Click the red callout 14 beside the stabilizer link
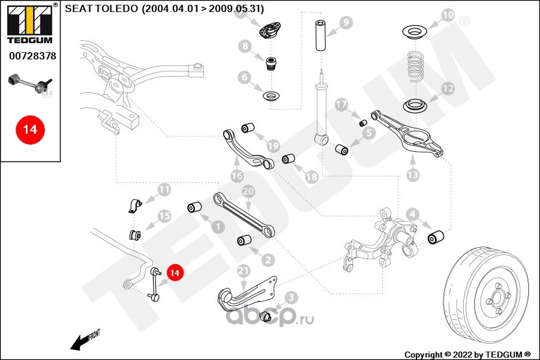pos(175,273)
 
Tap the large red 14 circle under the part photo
pos(30,129)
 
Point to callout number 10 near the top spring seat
pos(448,14)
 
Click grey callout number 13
pos(413,175)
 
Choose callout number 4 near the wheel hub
pos(412,214)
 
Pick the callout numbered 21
pos(243,271)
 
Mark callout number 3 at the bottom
pos(291,297)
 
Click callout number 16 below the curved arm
pos(236,176)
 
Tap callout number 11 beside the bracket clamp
pos(163,191)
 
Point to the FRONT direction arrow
pos(84,340)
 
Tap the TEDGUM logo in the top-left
pos(29,24)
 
